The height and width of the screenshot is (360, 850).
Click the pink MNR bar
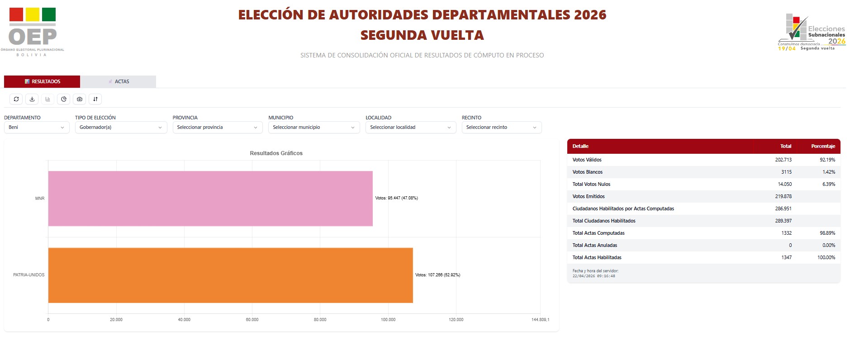tap(210, 199)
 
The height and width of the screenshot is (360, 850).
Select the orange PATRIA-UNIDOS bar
tap(230, 275)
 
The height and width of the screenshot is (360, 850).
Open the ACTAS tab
tap(119, 82)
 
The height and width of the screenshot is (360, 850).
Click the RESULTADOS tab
tap(42, 82)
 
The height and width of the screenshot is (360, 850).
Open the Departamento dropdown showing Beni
tap(37, 128)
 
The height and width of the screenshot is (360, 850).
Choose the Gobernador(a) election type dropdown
tap(121, 128)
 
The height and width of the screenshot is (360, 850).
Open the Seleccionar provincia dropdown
tap(217, 128)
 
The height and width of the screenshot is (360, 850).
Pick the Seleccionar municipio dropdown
tap(313, 128)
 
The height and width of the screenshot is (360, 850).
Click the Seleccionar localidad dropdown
tap(410, 128)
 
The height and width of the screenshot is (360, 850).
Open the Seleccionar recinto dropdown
tap(501, 128)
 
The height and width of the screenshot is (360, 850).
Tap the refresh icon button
tap(16, 99)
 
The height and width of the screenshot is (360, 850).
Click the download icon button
tap(32, 99)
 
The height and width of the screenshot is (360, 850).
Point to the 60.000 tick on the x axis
tap(252, 320)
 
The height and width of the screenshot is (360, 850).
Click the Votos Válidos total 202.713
tap(783, 160)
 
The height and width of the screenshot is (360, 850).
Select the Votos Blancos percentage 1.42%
tap(828, 172)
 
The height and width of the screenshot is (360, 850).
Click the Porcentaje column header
tap(823, 147)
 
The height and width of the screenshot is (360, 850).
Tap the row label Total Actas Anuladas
tap(594, 246)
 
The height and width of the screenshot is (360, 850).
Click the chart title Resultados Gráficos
tap(276, 153)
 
